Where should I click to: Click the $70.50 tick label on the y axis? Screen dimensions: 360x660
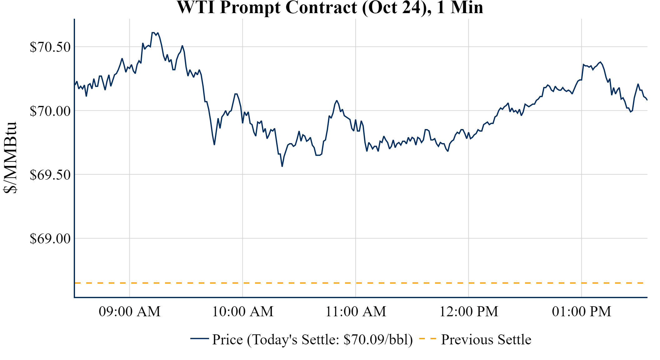click(50, 47)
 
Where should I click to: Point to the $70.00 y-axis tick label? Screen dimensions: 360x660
click(50, 111)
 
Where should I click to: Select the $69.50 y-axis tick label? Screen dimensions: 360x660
click(50, 175)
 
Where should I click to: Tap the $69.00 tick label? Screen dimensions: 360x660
click(50, 238)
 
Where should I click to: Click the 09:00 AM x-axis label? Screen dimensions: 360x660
click(130, 312)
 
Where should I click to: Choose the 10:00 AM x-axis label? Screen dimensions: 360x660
click(243, 312)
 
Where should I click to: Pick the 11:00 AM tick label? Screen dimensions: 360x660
click(356, 312)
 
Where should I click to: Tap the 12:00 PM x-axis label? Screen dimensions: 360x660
click(469, 312)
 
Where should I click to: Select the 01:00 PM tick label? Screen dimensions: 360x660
click(582, 312)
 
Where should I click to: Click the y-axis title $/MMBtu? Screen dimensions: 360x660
click(10, 158)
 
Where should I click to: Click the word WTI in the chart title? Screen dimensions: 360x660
click(196, 7)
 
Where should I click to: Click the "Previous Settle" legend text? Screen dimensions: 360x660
click(486, 340)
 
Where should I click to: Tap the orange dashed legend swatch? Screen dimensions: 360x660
click(427, 339)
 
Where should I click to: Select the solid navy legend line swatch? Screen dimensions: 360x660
click(199, 338)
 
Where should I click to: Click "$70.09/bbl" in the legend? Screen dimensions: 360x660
click(378, 340)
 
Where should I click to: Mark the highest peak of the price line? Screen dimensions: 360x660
click(153, 32)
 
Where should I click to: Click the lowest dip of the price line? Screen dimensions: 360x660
click(282, 166)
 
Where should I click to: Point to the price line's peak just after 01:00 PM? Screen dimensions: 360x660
click(600, 62)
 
